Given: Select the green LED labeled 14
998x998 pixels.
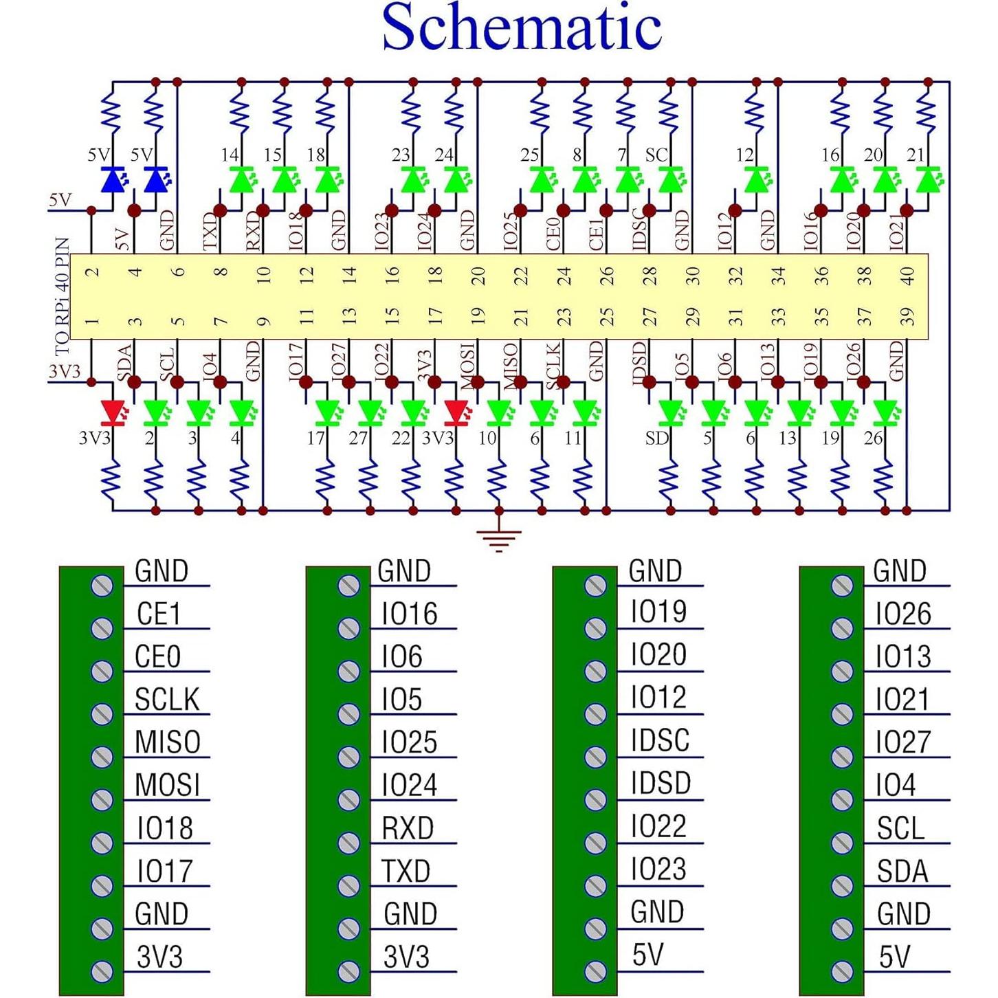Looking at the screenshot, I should tap(241, 180).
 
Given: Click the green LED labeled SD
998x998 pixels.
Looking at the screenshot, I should tap(671, 412).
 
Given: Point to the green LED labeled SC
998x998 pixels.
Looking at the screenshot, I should tap(670, 180).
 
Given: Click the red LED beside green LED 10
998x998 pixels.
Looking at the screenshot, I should tap(455, 412).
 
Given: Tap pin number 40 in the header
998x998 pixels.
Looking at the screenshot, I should tap(907, 276).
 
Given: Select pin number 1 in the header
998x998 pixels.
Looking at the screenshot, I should tap(92, 320).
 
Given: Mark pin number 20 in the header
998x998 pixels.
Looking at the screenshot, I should tap(478, 276).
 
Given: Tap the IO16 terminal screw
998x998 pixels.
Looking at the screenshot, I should tap(349, 628).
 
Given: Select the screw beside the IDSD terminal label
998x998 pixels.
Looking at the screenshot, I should tap(595, 799).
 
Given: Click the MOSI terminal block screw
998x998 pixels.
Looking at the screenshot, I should tap(102, 799).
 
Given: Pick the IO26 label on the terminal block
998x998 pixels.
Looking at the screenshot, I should tap(902, 614).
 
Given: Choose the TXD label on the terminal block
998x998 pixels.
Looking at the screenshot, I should tap(406, 871).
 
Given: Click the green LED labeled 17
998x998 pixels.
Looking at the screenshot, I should tap(327, 412).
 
